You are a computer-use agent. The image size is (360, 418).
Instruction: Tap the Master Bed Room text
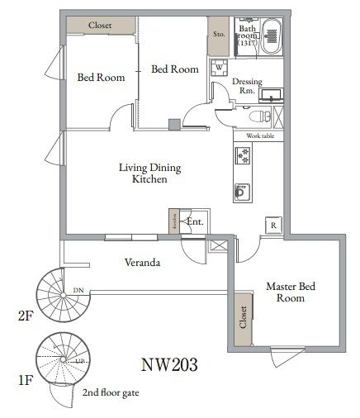[285, 292]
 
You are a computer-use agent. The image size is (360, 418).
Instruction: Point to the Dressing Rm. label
[247, 86]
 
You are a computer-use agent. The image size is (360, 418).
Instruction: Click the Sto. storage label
[219, 34]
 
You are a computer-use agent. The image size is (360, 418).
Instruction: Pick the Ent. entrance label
[195, 221]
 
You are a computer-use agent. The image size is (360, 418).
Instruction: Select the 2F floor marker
[25, 316]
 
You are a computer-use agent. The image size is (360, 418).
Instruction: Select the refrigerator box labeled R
[272, 224]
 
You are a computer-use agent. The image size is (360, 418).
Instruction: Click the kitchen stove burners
[243, 155]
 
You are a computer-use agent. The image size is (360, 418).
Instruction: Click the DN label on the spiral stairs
[78, 290]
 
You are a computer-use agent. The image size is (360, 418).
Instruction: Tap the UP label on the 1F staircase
[79, 361]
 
